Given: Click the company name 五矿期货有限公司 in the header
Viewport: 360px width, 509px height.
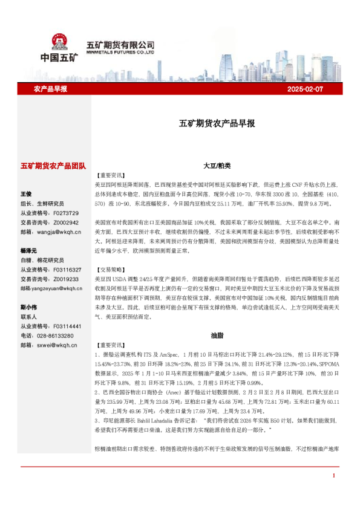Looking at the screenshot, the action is [x=120, y=45].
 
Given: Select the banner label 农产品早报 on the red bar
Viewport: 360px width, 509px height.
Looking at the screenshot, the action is [x=50, y=89].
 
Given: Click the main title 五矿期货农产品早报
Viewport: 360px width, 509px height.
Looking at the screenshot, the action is [x=217, y=123].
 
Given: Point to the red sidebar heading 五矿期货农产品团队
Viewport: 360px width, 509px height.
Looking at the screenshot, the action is [x=53, y=165].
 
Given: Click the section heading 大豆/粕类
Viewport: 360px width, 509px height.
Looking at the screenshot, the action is [x=217, y=165].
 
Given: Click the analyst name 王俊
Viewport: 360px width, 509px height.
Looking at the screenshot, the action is [x=26, y=193].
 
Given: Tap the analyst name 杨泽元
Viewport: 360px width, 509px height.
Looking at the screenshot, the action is [x=28, y=250].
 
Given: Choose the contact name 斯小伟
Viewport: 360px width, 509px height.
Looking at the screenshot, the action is [x=28, y=307].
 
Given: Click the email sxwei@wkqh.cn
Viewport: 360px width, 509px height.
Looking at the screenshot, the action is [x=55, y=345].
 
